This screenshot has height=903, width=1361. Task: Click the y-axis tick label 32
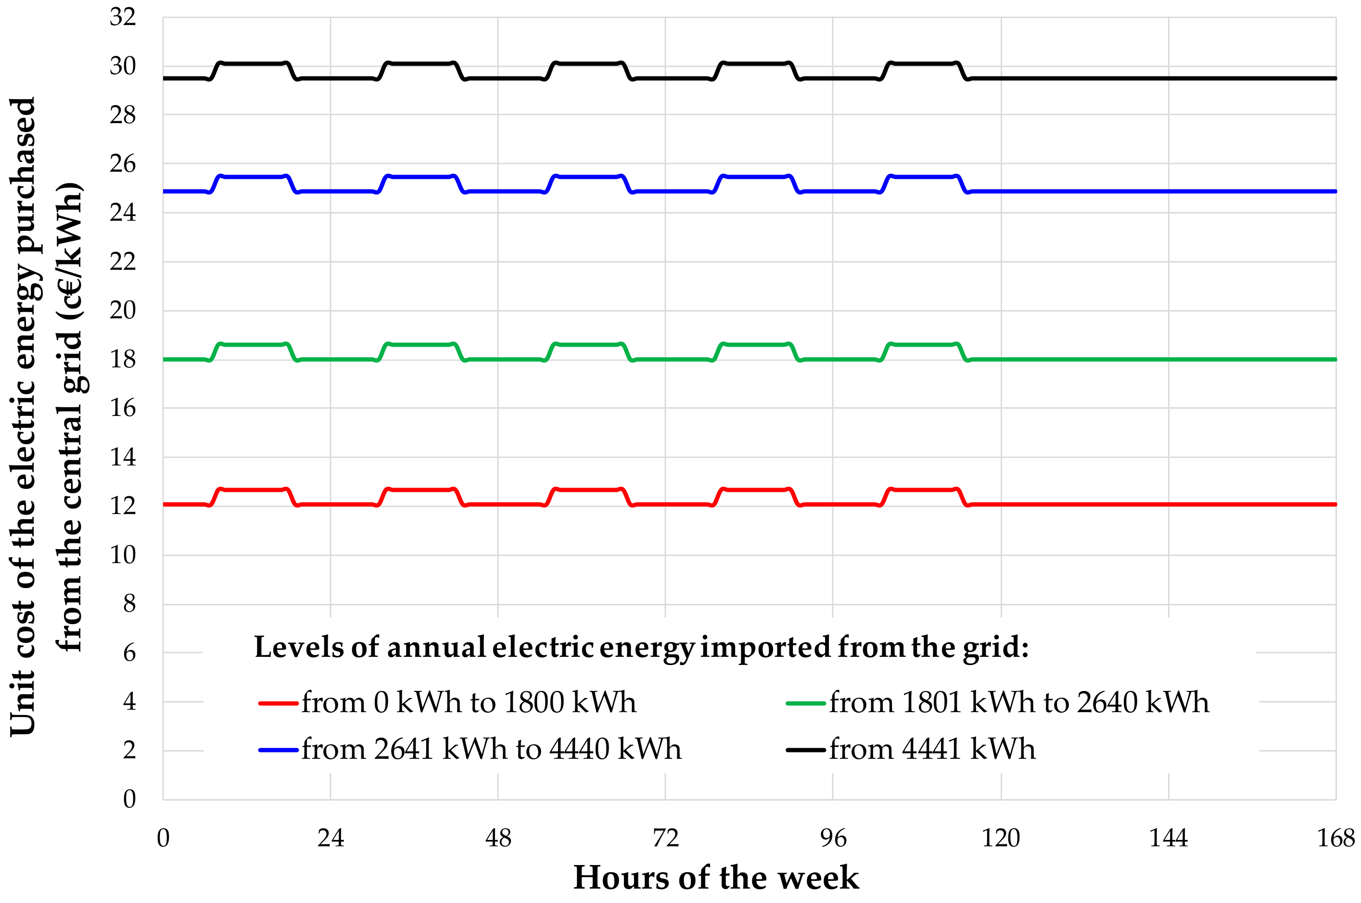click(122, 17)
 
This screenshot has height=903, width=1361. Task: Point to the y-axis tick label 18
click(122, 359)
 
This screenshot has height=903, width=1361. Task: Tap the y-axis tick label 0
click(129, 799)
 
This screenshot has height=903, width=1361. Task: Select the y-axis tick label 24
click(122, 213)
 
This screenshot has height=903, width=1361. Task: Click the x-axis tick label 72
click(665, 838)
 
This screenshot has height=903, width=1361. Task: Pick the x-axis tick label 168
click(1336, 838)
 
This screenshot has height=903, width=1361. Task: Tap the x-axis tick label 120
click(1000, 838)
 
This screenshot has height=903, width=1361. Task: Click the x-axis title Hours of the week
click(716, 878)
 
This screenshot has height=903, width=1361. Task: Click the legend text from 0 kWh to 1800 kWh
click(469, 702)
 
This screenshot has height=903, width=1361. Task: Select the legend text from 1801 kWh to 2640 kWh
click(1019, 702)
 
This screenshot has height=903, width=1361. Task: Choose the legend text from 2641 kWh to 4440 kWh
click(491, 749)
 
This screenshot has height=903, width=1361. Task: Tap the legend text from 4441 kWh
click(932, 749)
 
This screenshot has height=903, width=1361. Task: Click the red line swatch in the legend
click(278, 703)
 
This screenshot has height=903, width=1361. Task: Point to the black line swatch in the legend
click(805, 750)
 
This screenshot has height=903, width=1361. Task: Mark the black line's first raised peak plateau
click(254, 63)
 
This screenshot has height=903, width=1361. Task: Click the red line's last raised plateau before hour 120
click(923, 490)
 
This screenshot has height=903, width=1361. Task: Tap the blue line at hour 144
click(1169, 191)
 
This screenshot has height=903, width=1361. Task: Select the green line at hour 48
click(498, 359)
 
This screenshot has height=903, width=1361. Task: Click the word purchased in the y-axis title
click(23, 176)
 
